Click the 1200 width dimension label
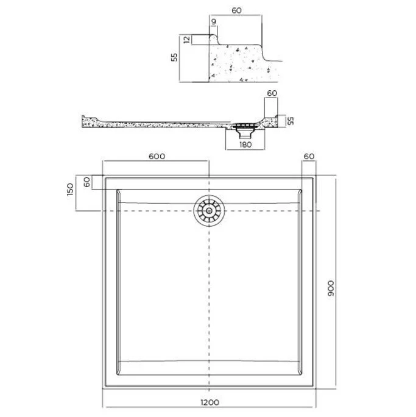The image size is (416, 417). tap(210, 402)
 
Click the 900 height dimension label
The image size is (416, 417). tap(331, 288)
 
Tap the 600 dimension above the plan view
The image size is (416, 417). tap(157, 156)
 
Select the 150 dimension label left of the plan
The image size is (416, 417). tap(70, 190)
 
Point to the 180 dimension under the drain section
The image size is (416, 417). tap(245, 144)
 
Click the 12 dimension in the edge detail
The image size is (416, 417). tap(187, 40)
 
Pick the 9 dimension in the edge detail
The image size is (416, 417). tap(214, 21)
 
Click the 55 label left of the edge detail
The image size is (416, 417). tap(174, 57)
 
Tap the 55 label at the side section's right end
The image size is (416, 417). tap(291, 121)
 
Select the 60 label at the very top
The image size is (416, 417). tap(236, 10)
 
